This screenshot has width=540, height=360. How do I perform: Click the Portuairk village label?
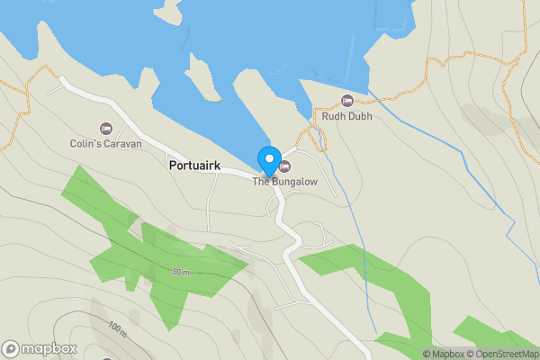[193, 166]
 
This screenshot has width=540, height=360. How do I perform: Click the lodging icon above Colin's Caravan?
[106, 129]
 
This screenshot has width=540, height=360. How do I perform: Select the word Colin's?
[88, 143]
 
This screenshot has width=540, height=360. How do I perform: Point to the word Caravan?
[124, 143]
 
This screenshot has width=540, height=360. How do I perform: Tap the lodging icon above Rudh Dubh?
[347, 100]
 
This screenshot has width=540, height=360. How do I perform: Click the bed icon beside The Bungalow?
[285, 166]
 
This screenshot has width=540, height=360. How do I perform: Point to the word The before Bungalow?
[261, 181]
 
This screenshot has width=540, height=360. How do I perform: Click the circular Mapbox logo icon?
[11, 349]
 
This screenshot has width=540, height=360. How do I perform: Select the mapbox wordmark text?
[49, 349]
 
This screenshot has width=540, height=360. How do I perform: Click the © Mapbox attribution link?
[446, 354]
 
